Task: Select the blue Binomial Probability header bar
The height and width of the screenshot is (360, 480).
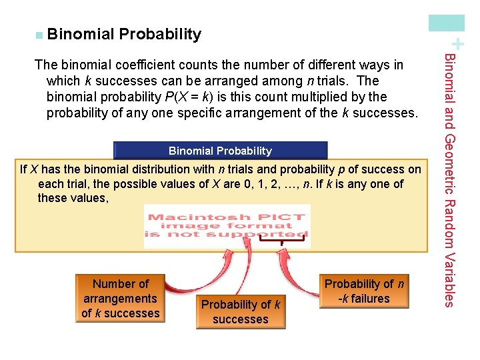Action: point(220,151)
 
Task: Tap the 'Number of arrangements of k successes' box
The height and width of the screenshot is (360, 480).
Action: point(120,299)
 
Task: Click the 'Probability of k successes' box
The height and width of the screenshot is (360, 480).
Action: point(240,311)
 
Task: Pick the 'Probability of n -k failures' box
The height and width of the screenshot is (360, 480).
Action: point(363,291)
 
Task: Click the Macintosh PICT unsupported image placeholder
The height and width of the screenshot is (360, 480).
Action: point(227,226)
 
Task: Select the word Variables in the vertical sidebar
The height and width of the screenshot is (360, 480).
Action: point(449,279)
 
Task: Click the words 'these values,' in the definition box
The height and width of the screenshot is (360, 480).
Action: point(73,199)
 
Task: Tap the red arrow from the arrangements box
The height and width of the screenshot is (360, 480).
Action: point(190,277)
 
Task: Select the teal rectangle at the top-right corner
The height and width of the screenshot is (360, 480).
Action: point(446,23)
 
